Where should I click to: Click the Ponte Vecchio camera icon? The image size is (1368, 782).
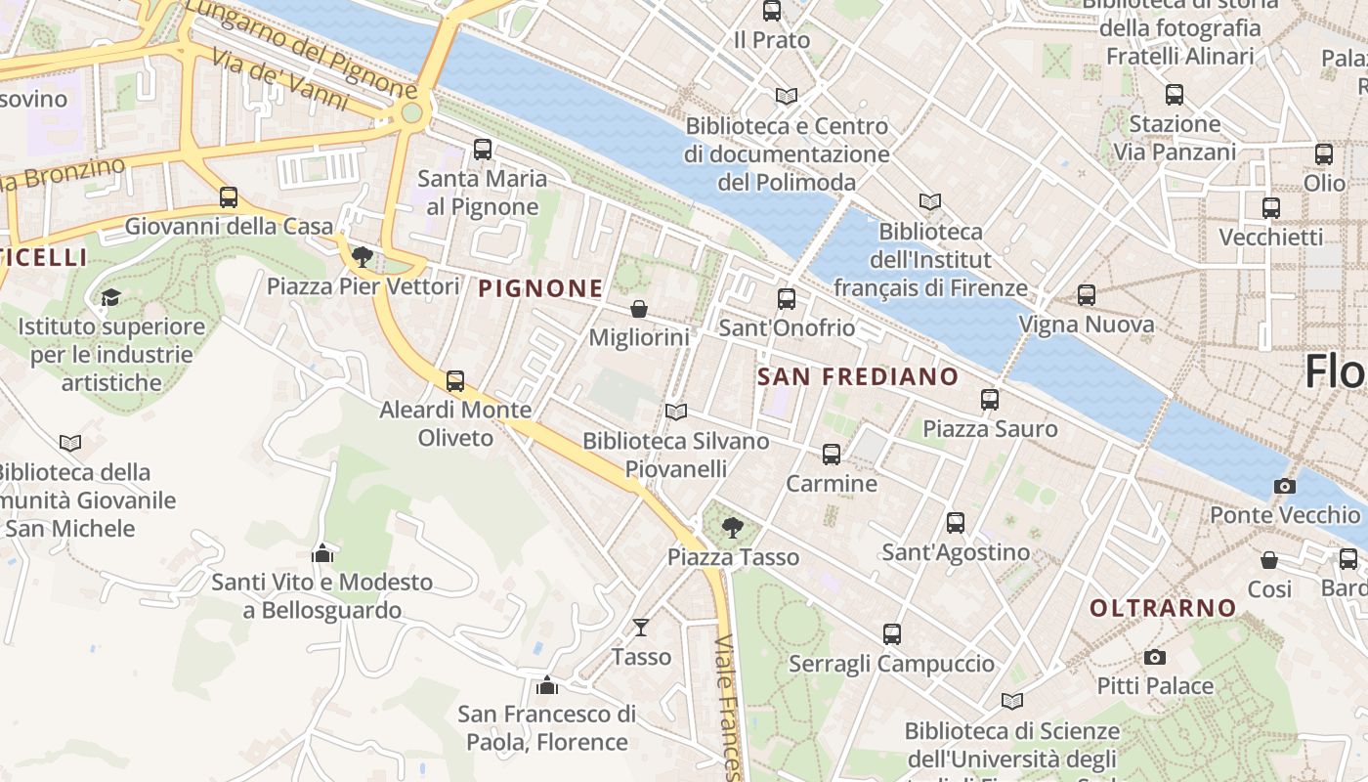[1284, 486]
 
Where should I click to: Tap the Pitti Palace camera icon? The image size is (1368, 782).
[1155, 657]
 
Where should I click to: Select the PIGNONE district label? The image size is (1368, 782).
[540, 288]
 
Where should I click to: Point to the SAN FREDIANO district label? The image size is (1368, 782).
[858, 376]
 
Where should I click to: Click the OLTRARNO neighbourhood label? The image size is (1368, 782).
[1163, 608]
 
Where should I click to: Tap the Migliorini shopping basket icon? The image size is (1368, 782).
[639, 309]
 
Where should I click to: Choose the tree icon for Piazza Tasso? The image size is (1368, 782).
[732, 529]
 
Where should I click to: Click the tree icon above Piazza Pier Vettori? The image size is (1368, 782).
[363, 257]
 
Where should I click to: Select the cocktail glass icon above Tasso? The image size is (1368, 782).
[641, 627]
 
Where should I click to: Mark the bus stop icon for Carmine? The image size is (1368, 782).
[832, 455]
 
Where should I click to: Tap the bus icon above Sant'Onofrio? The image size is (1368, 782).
[787, 299]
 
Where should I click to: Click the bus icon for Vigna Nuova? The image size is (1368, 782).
[1086, 295]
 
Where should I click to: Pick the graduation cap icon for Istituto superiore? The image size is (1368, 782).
[110, 297]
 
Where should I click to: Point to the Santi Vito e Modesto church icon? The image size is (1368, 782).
[322, 553]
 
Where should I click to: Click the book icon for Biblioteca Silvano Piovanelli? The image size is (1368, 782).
[675, 412]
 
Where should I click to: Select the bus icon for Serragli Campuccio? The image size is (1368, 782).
[892, 634]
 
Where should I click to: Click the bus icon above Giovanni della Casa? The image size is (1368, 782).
[229, 197]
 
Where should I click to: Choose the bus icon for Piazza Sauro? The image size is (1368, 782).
[990, 400]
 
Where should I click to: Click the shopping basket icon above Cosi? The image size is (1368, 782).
[1268, 560]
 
